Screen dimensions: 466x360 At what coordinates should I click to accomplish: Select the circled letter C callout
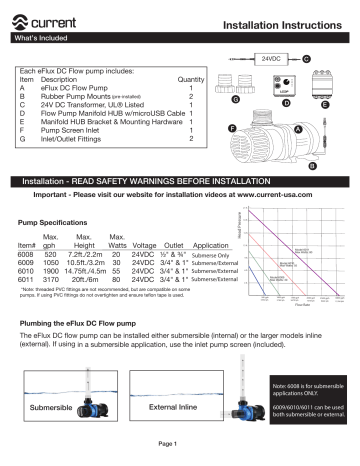pos(305,59)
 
